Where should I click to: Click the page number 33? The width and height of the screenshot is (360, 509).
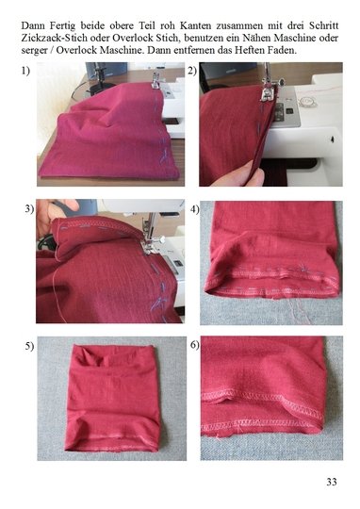click(x=332, y=482)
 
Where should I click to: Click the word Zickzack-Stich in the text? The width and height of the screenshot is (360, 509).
click(x=55, y=38)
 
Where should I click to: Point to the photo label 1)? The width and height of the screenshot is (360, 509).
click(x=26, y=71)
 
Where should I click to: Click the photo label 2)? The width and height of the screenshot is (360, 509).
click(x=192, y=71)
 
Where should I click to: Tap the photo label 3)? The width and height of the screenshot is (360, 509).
click(x=29, y=209)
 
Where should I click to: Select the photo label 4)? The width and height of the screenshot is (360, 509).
click(x=195, y=209)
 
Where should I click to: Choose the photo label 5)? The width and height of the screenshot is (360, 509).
click(x=29, y=346)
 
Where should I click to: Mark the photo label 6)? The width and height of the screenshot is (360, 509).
click(x=195, y=345)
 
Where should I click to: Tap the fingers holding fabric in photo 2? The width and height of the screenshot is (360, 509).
click(x=239, y=174)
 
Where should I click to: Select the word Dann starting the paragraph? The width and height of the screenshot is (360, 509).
click(x=33, y=25)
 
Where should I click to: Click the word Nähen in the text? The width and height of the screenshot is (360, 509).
click(x=256, y=38)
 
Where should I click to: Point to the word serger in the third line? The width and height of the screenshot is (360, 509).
click(x=34, y=51)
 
